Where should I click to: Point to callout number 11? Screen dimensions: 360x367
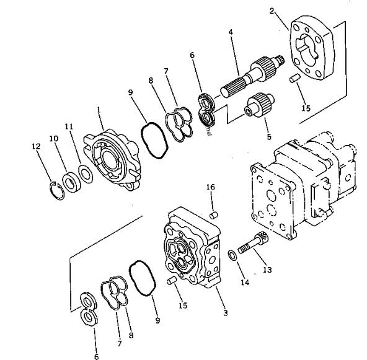click(69, 126)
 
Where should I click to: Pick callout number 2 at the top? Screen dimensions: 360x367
click(272, 11)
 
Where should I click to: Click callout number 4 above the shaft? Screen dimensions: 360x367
click(230, 31)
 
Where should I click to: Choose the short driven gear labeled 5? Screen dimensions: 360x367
click(255, 103)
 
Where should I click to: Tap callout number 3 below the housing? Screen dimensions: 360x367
click(226, 314)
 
